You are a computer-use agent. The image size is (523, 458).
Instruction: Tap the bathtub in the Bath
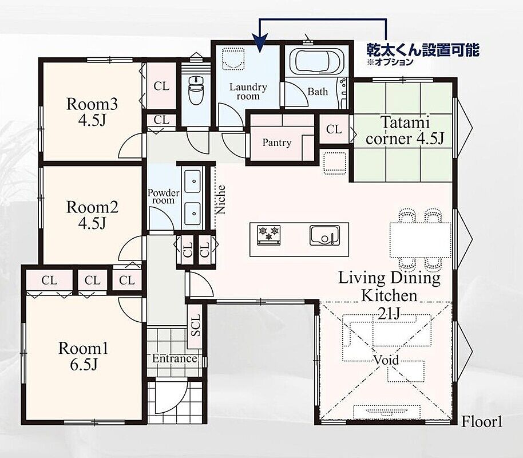[x=316, y=62]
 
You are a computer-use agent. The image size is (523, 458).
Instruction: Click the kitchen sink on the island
[x=324, y=235]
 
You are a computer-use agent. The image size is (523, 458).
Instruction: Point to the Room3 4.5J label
[x=92, y=112]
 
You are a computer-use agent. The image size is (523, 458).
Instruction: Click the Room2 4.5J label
[x=92, y=215]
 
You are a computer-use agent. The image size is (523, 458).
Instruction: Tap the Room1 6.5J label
[x=84, y=356]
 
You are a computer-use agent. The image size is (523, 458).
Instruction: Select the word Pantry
[x=277, y=143]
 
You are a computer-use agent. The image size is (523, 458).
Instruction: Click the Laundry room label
[x=248, y=92]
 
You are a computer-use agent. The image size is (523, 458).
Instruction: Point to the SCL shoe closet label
[x=196, y=326]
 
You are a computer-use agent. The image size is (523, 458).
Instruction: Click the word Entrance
[x=175, y=358]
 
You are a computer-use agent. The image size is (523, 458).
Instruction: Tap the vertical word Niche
[x=221, y=200]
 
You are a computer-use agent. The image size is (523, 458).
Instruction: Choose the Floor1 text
[x=482, y=422]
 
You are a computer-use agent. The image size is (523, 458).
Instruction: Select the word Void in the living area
[x=386, y=360]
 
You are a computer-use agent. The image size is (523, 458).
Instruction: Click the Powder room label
[x=164, y=196]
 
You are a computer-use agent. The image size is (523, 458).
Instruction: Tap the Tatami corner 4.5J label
[x=405, y=131]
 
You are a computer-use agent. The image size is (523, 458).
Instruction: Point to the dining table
[x=420, y=240]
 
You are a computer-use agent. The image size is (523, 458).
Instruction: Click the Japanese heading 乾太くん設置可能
[x=423, y=50]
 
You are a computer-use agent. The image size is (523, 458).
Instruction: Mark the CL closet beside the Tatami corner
[x=334, y=129]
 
